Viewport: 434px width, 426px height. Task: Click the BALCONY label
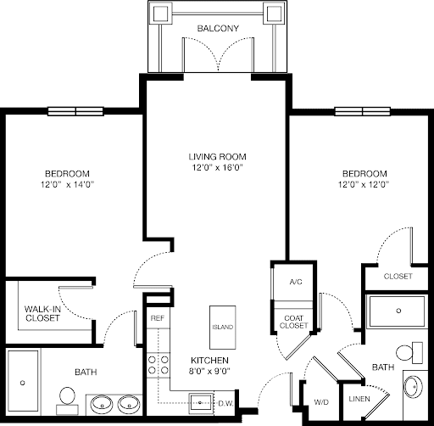(218, 28)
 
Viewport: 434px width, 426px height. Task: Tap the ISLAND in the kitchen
(223, 328)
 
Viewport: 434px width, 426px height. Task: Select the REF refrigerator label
(158, 318)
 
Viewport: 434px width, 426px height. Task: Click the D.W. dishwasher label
(225, 404)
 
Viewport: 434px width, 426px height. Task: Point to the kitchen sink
(201, 402)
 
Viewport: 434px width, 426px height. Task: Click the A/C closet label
(296, 282)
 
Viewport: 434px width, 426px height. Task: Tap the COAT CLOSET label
(293, 322)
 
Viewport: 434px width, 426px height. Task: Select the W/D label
(321, 402)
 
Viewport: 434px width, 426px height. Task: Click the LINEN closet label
(359, 399)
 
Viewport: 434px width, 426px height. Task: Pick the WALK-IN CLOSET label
(42, 313)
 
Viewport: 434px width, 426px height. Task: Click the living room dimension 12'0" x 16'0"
(218, 167)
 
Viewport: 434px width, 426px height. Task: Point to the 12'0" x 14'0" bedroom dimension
(67, 184)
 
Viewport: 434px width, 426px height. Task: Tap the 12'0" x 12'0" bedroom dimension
(364, 184)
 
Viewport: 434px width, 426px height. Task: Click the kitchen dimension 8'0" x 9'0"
(209, 371)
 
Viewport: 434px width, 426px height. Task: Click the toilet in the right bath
(409, 353)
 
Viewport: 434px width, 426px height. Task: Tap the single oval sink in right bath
(413, 387)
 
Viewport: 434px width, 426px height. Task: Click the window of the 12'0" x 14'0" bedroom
(75, 111)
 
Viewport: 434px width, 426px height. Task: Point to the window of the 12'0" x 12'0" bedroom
(363, 111)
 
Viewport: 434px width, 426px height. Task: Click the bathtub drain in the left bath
(23, 383)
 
